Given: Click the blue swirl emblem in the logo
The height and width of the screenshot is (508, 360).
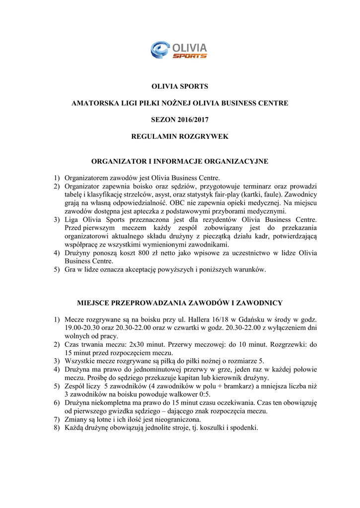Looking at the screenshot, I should (160, 50).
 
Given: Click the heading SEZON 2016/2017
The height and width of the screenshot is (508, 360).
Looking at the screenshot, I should (180, 120).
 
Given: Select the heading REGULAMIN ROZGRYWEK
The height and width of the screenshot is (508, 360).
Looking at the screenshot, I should (180, 136).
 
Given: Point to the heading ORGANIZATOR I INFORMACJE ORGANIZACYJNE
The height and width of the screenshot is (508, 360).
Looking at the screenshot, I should (180, 161).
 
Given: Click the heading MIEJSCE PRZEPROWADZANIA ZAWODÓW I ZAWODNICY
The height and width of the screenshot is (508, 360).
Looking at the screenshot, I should (180, 302).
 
